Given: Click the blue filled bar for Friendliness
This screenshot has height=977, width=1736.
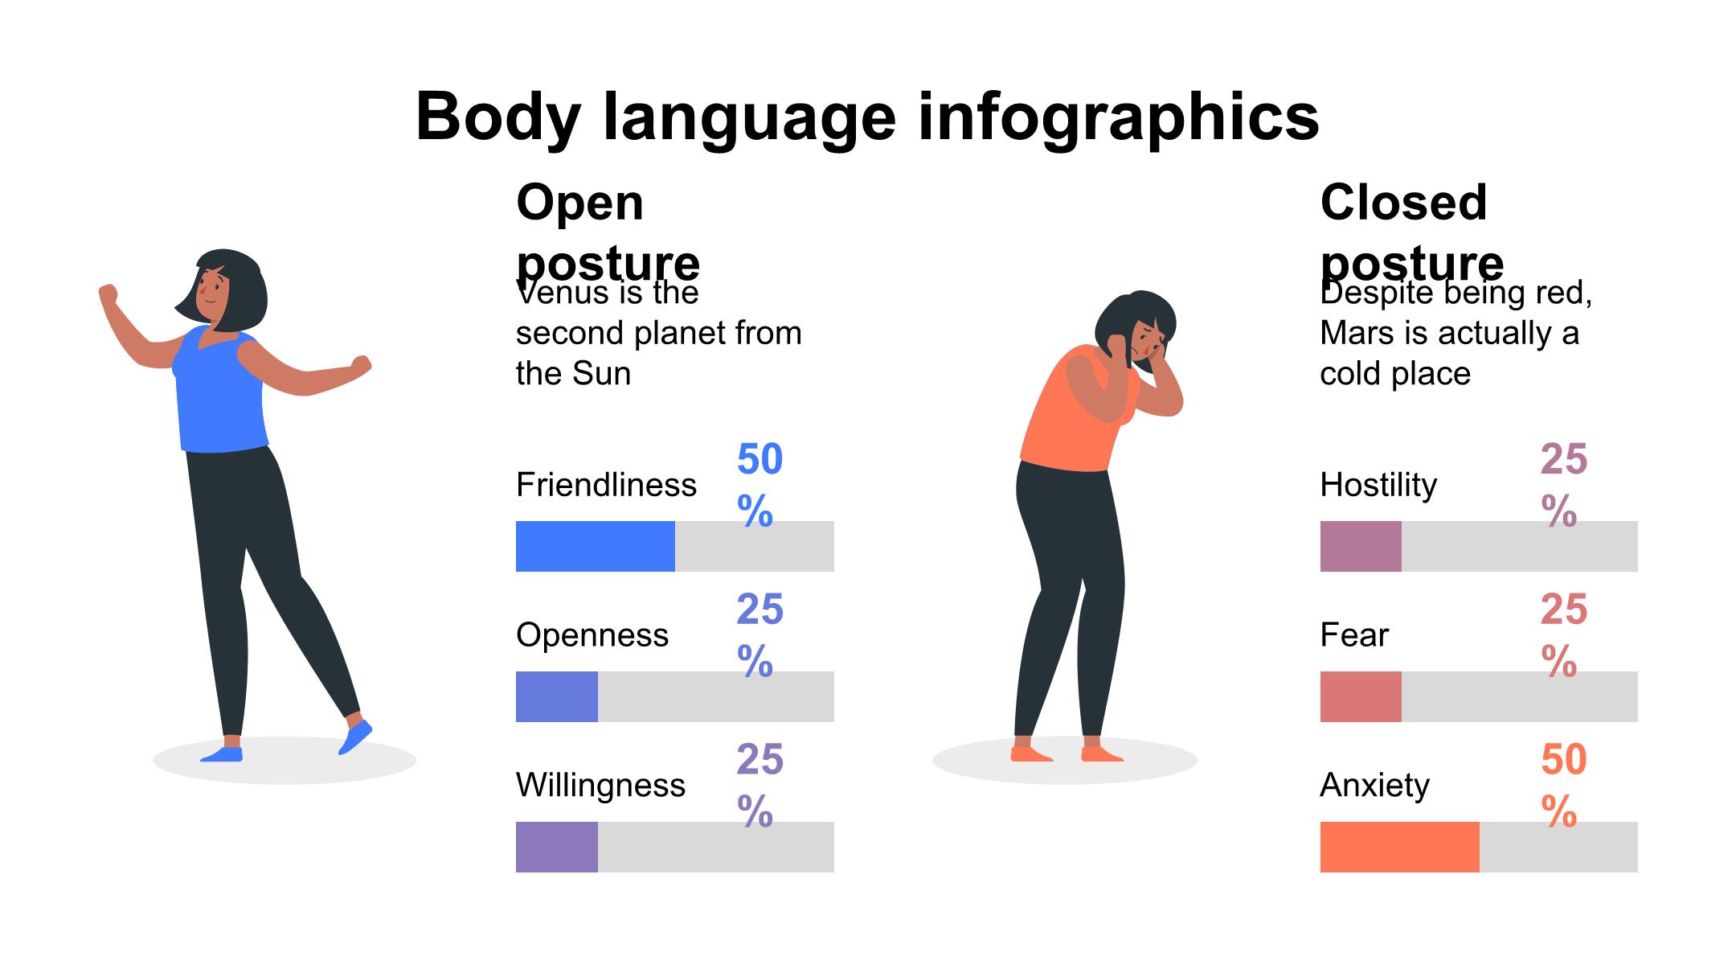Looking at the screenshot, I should [595, 546].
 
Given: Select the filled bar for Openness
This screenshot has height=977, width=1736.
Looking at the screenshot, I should [556, 696].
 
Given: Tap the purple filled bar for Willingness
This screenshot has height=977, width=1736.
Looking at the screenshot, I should [556, 847].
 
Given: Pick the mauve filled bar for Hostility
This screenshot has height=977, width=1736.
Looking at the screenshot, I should [1360, 546].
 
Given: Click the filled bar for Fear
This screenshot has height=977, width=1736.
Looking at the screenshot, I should [1360, 696].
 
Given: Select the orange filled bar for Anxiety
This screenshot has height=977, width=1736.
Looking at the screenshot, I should [1398, 847].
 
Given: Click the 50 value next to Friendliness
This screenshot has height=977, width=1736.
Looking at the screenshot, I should [759, 460].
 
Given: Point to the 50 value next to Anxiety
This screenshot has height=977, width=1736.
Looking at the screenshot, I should [1563, 760].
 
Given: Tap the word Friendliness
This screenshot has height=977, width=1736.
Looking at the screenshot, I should [606, 485].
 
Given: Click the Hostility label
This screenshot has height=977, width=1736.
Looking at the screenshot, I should [1378, 485].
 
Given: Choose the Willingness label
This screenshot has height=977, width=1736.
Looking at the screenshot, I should [600, 785].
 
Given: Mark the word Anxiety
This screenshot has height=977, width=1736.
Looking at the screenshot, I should [1374, 785].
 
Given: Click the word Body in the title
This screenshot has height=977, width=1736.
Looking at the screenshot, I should [497, 117].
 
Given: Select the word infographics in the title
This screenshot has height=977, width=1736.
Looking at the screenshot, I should [1118, 117].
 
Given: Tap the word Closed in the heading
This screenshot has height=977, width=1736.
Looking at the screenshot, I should [1403, 202].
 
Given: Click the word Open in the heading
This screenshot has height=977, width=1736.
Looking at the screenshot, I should [579, 202].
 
